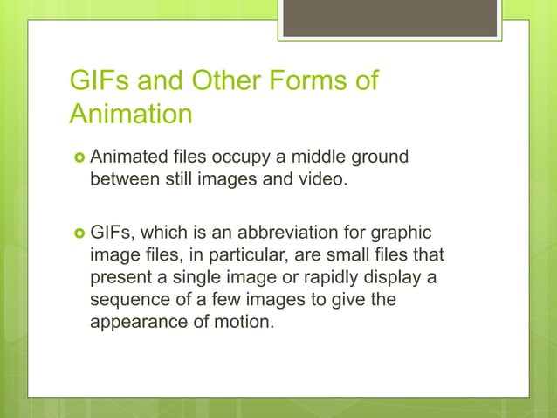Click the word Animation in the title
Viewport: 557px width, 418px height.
tap(130, 115)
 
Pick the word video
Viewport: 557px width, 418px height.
tap(323, 180)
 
